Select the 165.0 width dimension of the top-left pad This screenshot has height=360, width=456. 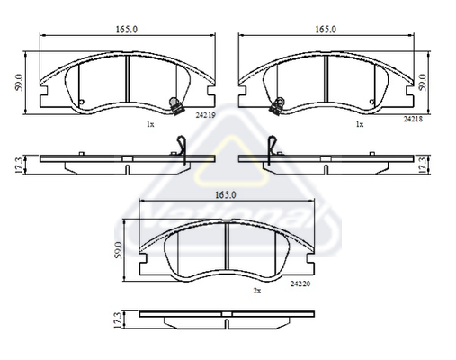tap(125, 30)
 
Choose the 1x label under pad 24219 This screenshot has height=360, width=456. tap(150, 124)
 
